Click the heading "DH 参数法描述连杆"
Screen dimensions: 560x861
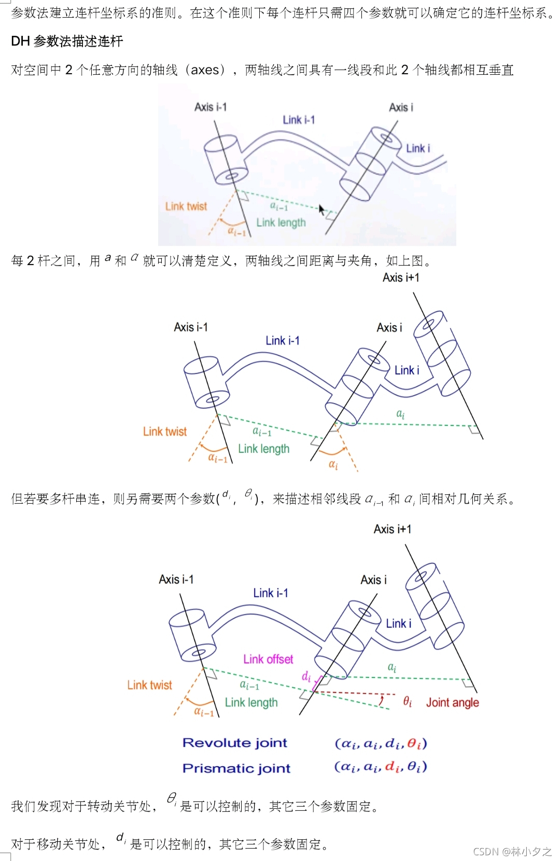[x=67, y=41]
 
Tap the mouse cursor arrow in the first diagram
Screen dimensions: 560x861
[x=321, y=210]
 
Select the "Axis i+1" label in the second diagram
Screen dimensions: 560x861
[x=401, y=277]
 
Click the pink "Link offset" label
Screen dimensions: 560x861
[x=268, y=659]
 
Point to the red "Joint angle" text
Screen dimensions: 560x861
[x=452, y=702]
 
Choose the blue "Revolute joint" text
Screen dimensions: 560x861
[x=234, y=743]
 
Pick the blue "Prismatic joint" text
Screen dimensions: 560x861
[x=236, y=768]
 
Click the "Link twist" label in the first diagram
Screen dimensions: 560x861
[x=186, y=206]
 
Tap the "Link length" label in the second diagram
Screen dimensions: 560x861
[x=263, y=449]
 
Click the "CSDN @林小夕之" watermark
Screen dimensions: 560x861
[x=512, y=851]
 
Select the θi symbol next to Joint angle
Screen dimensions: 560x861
[x=408, y=702]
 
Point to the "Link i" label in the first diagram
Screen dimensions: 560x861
[x=417, y=148]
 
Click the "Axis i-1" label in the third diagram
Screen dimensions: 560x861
[x=176, y=579]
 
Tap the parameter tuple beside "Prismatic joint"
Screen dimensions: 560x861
[x=381, y=767]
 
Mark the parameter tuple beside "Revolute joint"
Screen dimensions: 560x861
[x=381, y=743]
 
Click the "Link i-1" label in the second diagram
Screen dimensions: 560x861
[x=283, y=341]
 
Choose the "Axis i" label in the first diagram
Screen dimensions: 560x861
[x=401, y=107]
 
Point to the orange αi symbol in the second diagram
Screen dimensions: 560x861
[x=333, y=465]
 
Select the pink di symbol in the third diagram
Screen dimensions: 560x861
[x=306, y=676]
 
